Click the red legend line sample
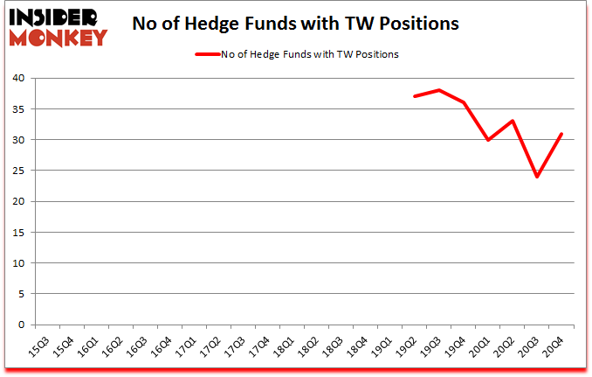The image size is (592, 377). [x=207, y=54]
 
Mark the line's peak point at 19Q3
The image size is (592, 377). [x=439, y=90]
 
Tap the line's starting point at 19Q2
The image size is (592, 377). [x=415, y=96]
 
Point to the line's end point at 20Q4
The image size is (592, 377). [x=561, y=134]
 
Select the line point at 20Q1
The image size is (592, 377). [x=488, y=140]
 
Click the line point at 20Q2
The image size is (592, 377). [x=513, y=121]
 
